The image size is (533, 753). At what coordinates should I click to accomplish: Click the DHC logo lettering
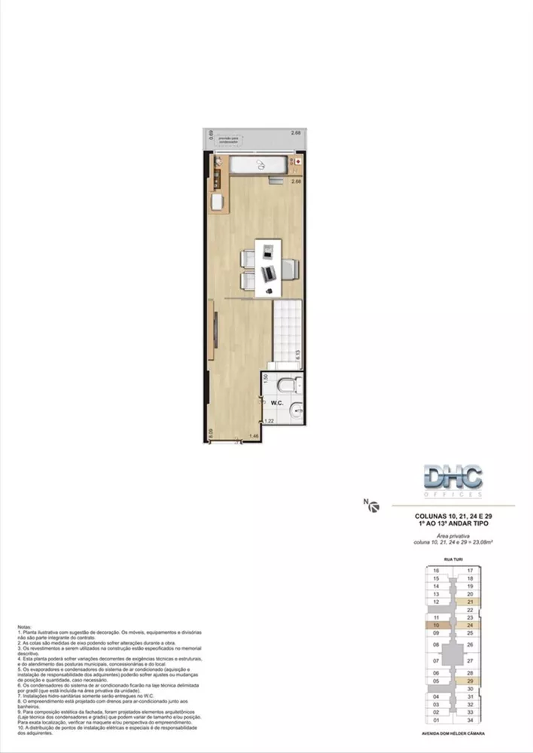[452, 477]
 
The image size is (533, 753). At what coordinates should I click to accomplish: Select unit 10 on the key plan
[436, 624]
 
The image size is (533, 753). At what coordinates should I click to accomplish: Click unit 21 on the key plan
[469, 602]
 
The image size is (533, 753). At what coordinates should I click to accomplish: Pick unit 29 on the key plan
[469, 681]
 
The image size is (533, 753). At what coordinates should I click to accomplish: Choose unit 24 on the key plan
[469, 624]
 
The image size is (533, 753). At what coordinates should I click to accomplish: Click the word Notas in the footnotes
[26, 626]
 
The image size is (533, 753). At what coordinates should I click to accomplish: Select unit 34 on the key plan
[469, 720]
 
